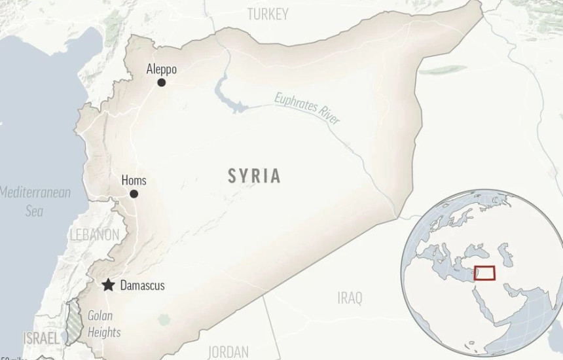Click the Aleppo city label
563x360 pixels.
coord(161,69)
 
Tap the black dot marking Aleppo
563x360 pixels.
coord(161,82)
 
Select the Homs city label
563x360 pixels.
coord(134,181)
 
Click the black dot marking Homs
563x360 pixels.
coord(134,194)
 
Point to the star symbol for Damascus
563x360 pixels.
coord(108,285)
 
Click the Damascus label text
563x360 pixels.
coord(142,285)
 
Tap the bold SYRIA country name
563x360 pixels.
coord(255,175)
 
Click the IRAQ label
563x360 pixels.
coord(350,298)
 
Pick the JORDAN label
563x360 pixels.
coord(228,351)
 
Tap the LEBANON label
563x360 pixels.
coord(95,234)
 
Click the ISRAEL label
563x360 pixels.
coord(41,338)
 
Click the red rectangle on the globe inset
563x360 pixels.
coord(484,272)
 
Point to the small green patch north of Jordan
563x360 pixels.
coord(164,320)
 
